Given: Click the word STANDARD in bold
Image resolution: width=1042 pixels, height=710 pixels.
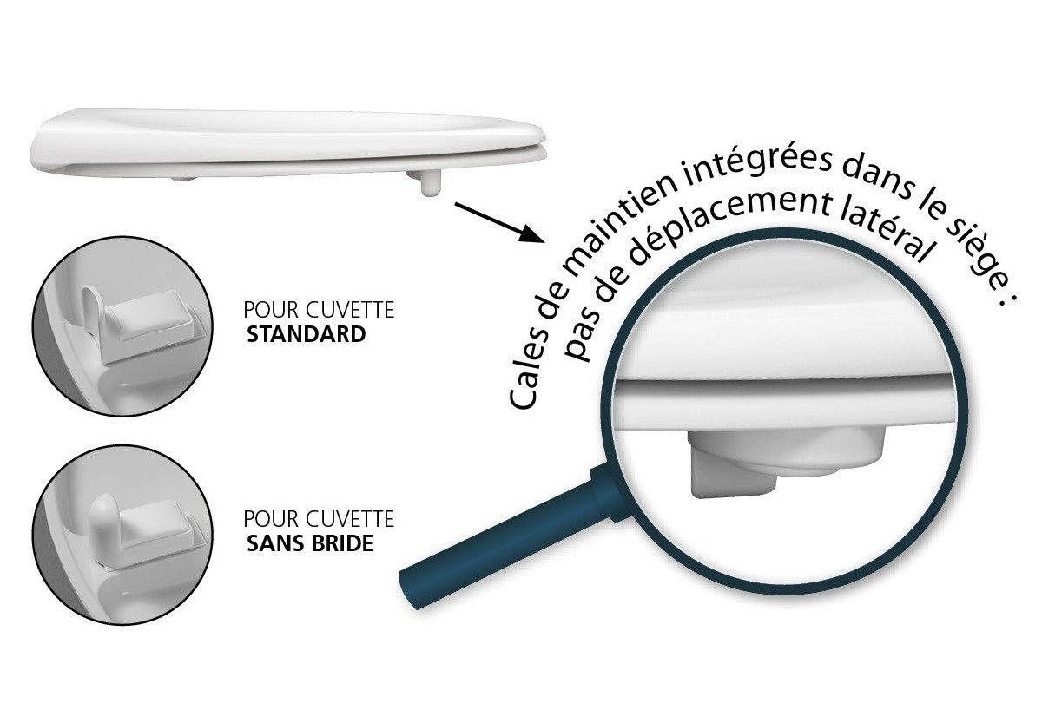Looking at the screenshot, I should coord(307,334).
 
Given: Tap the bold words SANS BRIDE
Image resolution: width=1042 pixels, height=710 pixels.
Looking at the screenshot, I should coord(310,544).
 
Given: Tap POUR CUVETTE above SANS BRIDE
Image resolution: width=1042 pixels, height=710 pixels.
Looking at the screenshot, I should coord(319,520).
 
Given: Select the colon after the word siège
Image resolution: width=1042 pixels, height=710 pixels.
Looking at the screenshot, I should coord(1005,308).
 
